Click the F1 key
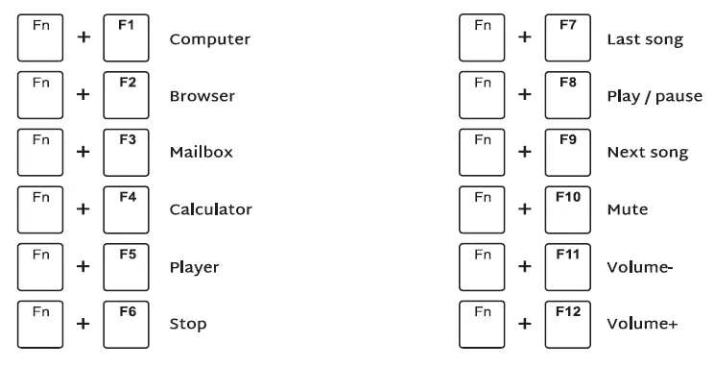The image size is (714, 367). (127, 37)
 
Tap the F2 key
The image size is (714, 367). (127, 94)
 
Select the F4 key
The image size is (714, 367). (127, 208)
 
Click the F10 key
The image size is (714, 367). (568, 208)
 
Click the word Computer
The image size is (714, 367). (209, 39)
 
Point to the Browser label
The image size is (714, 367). (202, 96)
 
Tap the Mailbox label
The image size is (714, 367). (201, 152)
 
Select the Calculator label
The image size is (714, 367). (210, 209)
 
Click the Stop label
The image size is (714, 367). (187, 324)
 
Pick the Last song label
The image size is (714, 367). (645, 39)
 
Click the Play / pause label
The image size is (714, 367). (654, 96)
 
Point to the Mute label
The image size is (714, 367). (627, 209)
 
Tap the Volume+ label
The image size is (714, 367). (642, 324)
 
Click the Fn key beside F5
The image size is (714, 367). (40, 265)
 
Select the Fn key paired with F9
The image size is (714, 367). (482, 151)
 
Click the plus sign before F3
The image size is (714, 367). (83, 152)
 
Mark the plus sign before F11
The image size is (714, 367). (525, 266)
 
